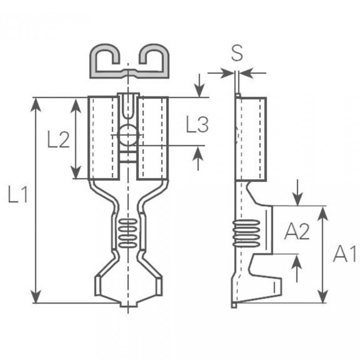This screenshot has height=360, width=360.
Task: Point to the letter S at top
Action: (x=237, y=54)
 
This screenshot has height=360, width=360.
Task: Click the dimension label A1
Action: (x=344, y=254)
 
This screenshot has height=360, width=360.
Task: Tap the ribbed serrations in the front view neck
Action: (x=128, y=232)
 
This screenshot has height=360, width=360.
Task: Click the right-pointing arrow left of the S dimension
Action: (x=227, y=73)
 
